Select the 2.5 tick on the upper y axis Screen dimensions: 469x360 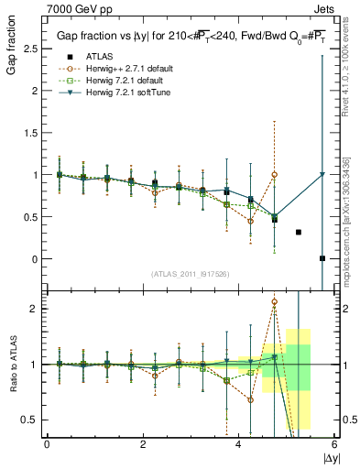coord(33,48)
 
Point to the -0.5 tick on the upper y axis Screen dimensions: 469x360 coord(30,301)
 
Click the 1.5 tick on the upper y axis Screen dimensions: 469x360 coord(33,132)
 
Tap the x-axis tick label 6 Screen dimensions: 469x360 coord(334,443)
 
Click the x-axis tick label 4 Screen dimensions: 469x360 coord(238,443)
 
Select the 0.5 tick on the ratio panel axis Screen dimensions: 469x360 coord(33,420)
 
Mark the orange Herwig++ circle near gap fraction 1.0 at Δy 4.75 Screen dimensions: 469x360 coord(275,174)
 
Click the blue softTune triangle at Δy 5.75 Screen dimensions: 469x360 coord(322,174)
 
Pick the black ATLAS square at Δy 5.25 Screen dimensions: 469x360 coord(299,232)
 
